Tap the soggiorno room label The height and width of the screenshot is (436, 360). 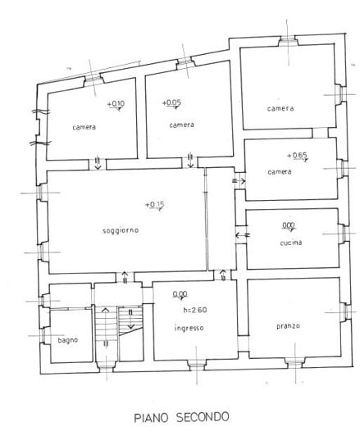pos(121,229)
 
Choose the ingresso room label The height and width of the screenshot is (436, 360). pos(189,328)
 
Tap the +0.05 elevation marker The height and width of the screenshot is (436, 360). pos(171,103)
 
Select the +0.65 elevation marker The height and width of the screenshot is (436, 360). pos(297,155)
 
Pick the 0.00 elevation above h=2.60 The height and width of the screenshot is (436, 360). pos(180,294)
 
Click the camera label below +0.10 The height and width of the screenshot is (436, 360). pos(84,126)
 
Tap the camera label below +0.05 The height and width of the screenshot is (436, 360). pos(181,125)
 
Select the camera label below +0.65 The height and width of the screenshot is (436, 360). pos(280,171)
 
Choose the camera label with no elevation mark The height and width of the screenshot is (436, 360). pos(280,108)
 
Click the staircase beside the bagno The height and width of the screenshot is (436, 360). pos(117,328)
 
